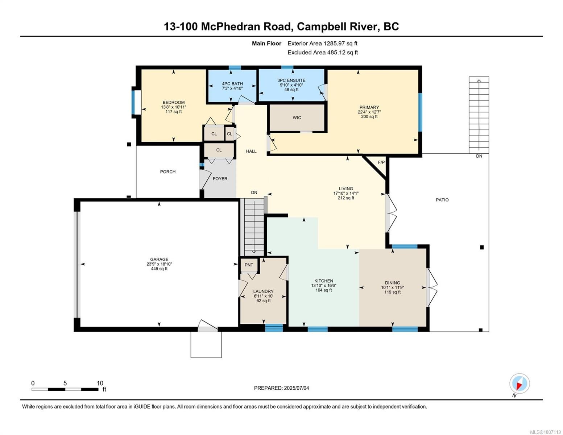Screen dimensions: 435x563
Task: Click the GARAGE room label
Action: coord(159,259)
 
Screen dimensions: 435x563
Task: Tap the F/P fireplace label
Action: coord(381,162)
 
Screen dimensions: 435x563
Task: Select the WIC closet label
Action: coord(297,118)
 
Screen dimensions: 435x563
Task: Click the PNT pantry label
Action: coord(249,265)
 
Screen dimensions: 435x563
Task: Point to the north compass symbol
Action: coord(519,384)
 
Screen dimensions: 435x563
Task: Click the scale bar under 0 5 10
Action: coord(65,389)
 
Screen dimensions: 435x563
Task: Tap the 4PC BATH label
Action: coord(232,84)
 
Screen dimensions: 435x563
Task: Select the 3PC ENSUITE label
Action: coord(291,80)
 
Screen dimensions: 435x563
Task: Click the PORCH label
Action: coord(168,172)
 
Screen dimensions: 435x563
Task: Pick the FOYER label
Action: coord(220,179)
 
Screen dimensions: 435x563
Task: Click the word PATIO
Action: coord(442,200)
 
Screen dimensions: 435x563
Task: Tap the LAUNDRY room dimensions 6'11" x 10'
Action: coord(264,296)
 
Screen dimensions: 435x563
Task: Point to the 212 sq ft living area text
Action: coord(346,198)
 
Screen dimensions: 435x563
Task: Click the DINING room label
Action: coord(392,283)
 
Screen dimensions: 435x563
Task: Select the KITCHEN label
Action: coord(323,281)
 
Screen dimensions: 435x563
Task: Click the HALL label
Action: coord(251,152)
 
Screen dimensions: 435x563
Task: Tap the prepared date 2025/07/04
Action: coord(297,388)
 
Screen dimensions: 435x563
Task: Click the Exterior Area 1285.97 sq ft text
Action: coord(322,43)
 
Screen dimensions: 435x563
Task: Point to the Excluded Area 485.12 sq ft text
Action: coord(322,53)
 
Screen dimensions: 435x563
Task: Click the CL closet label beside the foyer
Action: coord(219,150)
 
